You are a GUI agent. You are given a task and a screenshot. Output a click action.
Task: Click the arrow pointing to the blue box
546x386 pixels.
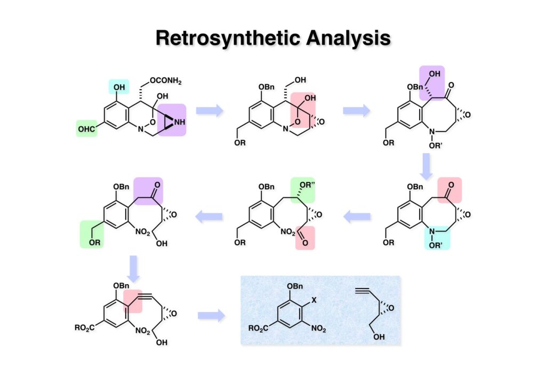click(x=211, y=316)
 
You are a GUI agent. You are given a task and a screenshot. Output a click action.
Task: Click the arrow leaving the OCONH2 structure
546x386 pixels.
click(x=209, y=110)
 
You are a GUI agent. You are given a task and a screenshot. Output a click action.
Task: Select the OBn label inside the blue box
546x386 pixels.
click(x=296, y=286)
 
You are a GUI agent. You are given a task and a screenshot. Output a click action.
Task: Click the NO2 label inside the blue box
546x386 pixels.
click(x=319, y=328)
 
